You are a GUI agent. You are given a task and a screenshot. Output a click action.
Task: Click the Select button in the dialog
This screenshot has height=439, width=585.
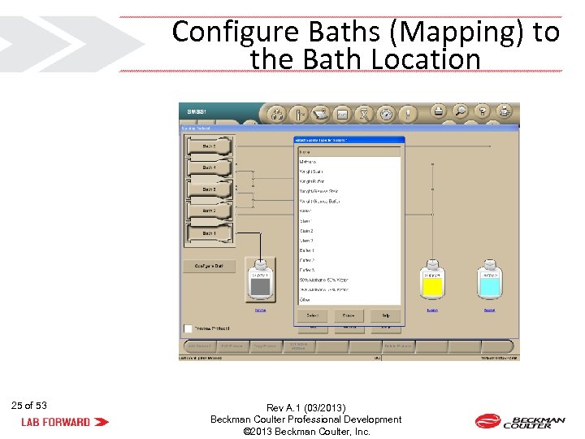coord(311,315)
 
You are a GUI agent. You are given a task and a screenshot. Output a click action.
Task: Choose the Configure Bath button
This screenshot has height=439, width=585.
coord(209,266)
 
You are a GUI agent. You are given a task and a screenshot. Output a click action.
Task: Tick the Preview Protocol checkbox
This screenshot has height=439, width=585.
coord(188,328)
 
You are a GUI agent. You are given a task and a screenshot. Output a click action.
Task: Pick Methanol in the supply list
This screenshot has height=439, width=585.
coord(308,162)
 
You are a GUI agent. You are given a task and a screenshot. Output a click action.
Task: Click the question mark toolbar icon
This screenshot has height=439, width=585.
coord(483,112)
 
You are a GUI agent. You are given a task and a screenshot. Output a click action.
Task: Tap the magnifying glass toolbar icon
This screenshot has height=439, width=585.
coord(460,112)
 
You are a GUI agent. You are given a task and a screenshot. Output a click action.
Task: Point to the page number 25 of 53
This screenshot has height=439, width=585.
coord(29,405)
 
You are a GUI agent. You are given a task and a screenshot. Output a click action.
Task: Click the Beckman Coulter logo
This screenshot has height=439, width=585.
coord(520,421)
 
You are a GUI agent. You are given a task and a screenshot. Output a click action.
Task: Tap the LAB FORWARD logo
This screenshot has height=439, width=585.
coord(65,422)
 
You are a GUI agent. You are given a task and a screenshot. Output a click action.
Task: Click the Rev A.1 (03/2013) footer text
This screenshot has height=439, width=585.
coord(305,408)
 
